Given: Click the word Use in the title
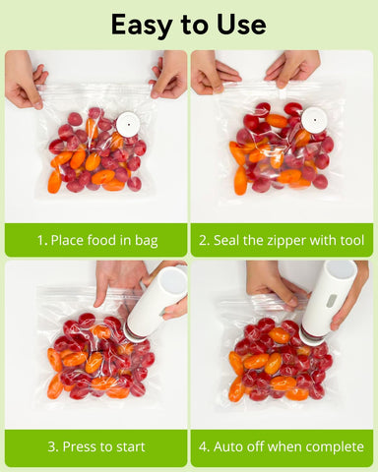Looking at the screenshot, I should (x=240, y=24).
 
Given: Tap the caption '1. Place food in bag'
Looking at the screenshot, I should (x=95, y=240).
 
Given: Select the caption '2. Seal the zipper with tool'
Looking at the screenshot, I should (x=282, y=240).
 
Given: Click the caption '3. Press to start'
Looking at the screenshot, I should (x=95, y=446).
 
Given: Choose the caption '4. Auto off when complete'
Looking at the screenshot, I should (x=282, y=446).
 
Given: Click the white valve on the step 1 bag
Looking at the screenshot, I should (x=127, y=124).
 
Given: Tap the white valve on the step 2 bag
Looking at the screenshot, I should (x=314, y=120).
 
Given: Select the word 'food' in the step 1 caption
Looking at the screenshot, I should (x=104, y=240).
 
